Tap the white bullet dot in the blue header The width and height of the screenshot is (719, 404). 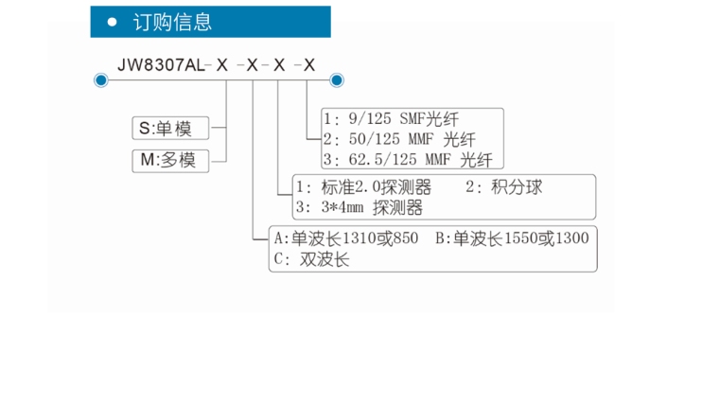(x=113, y=22)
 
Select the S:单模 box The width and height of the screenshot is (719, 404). (x=168, y=129)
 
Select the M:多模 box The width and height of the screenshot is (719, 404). (x=168, y=160)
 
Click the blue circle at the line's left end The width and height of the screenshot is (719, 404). (x=100, y=80)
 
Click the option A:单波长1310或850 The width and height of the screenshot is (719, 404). (x=345, y=237)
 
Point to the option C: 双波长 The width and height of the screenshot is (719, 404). (x=311, y=258)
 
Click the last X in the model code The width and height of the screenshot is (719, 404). (x=307, y=64)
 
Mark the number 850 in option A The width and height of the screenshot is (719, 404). (x=404, y=237)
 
